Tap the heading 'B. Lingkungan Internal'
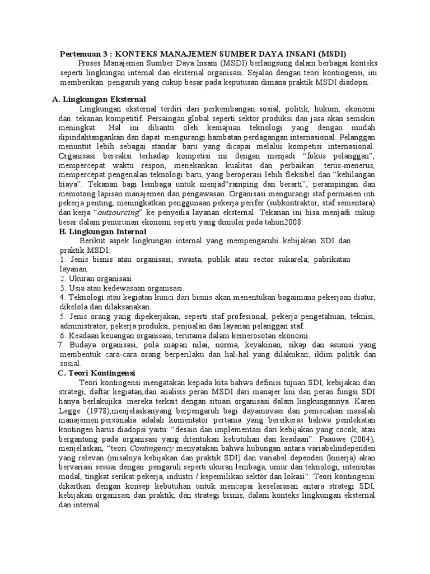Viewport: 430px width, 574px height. point(102,232)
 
